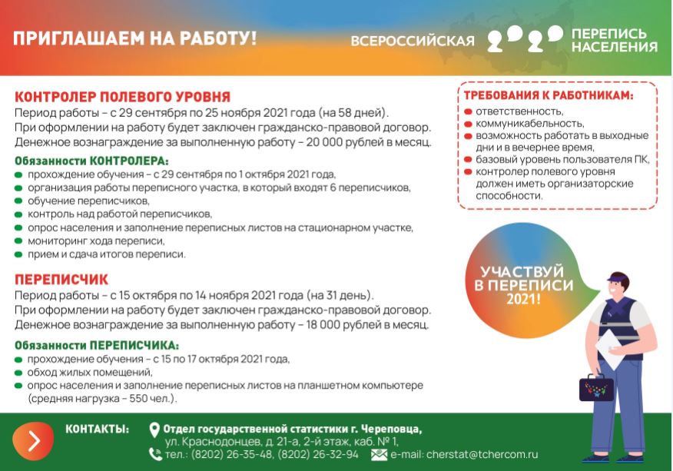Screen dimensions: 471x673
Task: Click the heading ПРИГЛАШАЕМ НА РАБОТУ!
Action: tap(134, 38)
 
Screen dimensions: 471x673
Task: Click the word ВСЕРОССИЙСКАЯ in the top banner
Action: tap(413, 41)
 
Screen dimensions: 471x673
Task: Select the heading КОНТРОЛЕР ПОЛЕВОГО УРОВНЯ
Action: tap(123, 98)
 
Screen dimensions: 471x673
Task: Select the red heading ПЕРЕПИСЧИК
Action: tap(61, 280)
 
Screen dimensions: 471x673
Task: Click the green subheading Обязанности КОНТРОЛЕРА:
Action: tap(91, 161)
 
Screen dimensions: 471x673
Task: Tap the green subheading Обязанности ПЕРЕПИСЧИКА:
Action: tap(97, 345)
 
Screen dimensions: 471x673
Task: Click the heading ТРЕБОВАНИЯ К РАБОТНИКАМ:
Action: tap(549, 96)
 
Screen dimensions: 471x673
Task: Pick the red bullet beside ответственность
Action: tap(468, 111)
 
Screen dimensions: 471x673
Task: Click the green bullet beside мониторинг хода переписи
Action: tap(19, 241)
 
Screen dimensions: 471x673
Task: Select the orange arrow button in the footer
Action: tap(33, 440)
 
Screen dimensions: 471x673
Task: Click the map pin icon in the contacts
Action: tap(154, 430)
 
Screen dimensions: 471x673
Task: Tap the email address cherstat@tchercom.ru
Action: tap(482, 455)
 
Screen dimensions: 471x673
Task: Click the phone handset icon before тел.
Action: tap(155, 454)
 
